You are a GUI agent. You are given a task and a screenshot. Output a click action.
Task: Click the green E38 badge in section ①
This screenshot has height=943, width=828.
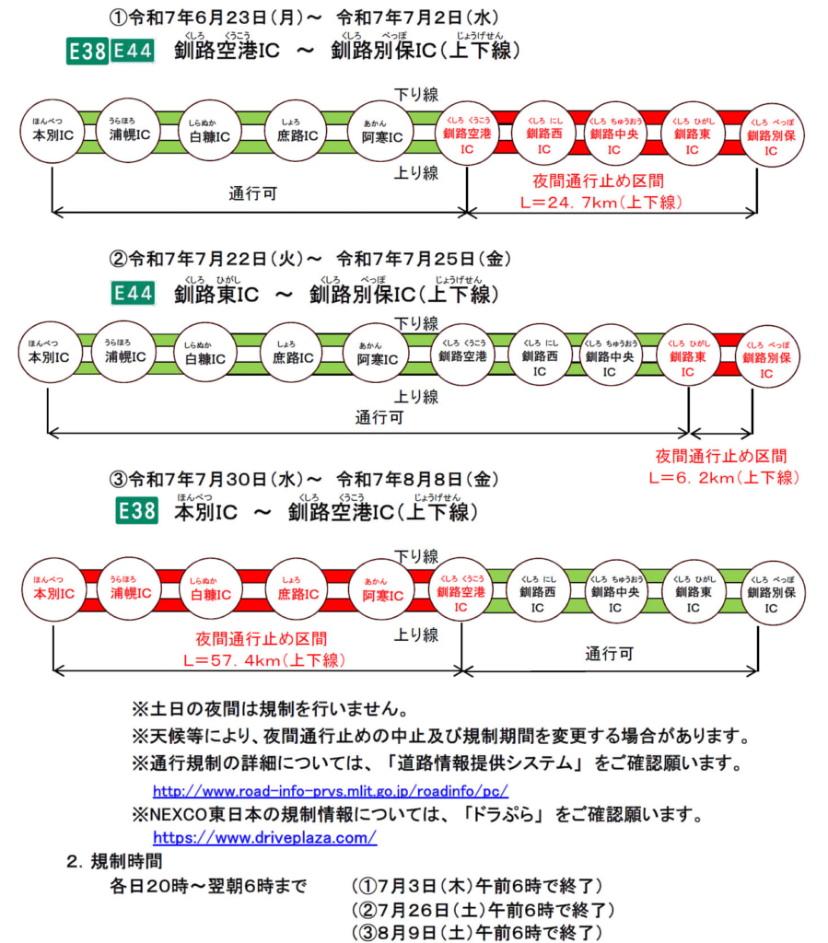tap(87, 52)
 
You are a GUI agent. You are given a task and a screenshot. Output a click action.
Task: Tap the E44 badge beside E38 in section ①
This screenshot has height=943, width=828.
tap(132, 52)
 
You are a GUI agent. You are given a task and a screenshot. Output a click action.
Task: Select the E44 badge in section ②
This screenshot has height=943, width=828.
tap(132, 293)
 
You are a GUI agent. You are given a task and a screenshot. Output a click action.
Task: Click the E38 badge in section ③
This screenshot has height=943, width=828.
tap(135, 511)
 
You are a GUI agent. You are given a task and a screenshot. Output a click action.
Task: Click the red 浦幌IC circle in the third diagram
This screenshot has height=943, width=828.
tap(129, 588)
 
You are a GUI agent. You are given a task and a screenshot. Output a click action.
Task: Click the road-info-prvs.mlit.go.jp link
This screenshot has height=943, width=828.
tap(330, 791)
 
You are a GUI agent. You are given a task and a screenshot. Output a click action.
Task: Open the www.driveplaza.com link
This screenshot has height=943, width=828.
tap(264, 837)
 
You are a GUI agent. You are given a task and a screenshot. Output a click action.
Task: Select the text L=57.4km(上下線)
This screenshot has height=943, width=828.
tap(261, 659)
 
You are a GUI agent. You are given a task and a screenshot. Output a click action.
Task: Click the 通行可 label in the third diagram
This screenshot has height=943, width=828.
tap(609, 653)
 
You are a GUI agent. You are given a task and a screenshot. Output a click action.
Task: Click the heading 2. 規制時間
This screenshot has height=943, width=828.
tap(114, 862)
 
